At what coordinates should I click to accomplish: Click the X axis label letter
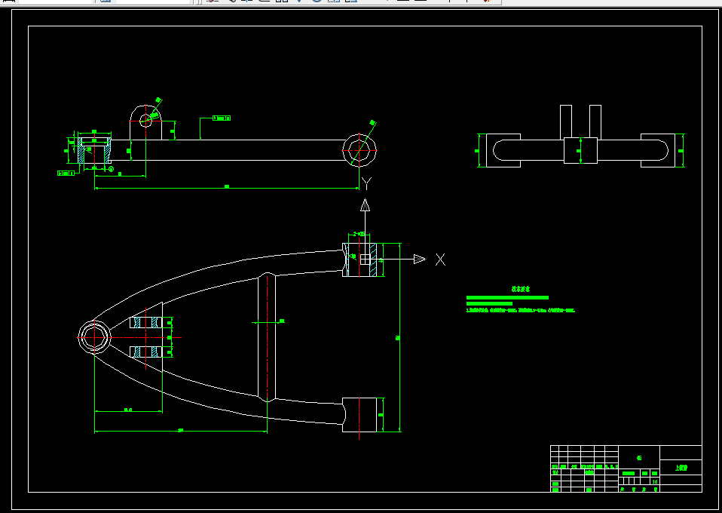441,260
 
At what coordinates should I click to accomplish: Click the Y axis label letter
366,183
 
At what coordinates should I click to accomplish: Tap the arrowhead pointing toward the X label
420,260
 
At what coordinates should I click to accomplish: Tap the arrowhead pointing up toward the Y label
365,204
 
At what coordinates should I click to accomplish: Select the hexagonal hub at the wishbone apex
95,336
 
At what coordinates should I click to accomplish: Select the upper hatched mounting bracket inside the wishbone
146,323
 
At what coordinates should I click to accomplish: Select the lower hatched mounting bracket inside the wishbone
146,352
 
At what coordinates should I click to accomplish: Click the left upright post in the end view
566,121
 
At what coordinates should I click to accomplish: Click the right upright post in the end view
595,121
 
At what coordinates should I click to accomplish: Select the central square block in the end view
580,150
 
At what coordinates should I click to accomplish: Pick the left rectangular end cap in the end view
500,150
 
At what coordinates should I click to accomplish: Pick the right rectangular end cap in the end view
661,150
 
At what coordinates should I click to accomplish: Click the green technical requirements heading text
521,289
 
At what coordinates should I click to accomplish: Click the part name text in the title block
681,468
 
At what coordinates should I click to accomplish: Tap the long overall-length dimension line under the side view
226,188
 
